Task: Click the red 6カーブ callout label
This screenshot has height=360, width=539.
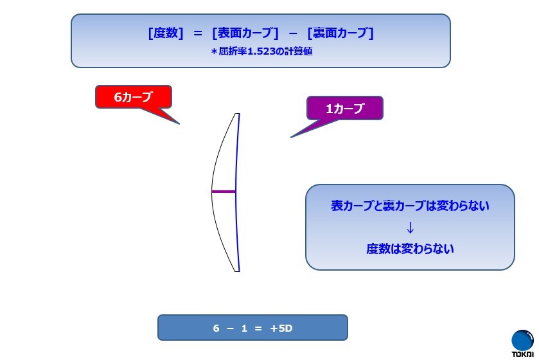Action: (134, 97)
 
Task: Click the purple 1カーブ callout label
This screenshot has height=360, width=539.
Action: (345, 108)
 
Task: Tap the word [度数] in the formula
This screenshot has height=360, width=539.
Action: (166, 33)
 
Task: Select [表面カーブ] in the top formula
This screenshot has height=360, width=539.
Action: (245, 33)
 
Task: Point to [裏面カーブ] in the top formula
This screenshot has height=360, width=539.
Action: (340, 33)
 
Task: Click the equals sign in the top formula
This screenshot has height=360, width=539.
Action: (198, 33)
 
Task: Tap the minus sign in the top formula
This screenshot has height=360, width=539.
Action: (293, 33)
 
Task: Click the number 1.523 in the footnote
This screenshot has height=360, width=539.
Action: (261, 51)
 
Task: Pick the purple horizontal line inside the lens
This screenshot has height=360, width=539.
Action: (224, 192)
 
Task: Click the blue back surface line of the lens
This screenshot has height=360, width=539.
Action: (236, 193)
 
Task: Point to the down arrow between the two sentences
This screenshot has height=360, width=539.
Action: (410, 228)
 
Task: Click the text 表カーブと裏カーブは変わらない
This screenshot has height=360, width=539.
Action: (410, 206)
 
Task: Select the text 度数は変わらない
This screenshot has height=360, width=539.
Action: (410, 249)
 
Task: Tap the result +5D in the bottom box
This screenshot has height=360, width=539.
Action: (281, 328)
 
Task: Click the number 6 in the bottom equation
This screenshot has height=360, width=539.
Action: (216, 328)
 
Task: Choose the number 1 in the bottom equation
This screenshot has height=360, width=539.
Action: (244, 328)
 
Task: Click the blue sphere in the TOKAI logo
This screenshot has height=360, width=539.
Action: (522, 341)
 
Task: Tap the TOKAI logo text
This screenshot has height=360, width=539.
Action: (523, 354)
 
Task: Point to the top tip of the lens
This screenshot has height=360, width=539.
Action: (237, 114)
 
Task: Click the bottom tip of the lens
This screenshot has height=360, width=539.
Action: (237, 271)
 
